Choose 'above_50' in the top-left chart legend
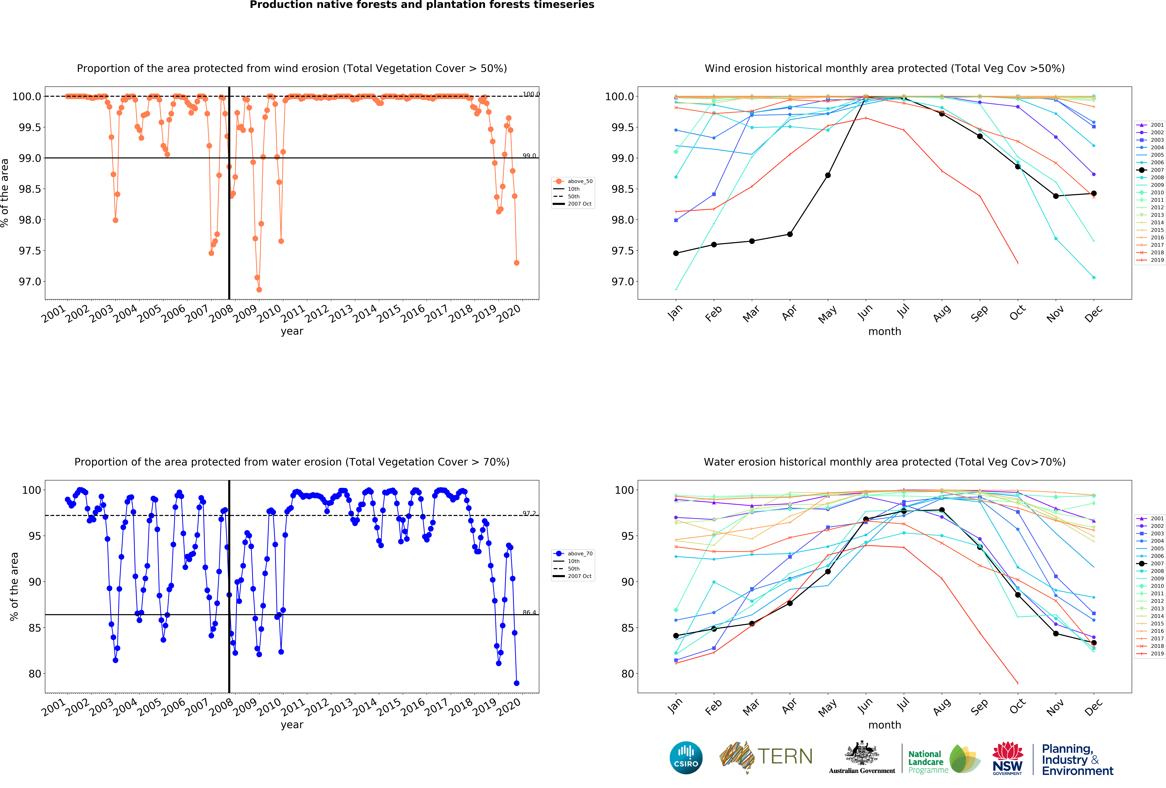(579, 181)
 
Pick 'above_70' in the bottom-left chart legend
(579, 554)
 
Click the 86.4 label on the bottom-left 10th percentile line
(529, 612)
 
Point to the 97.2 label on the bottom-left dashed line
(529, 513)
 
